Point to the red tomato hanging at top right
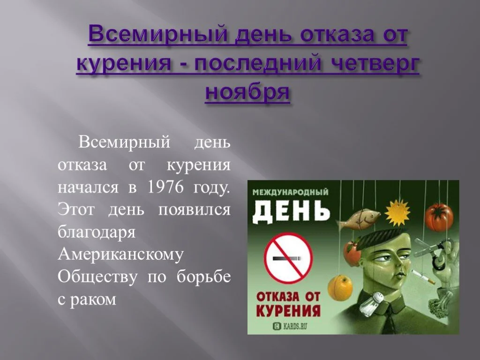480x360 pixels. coord(439,217)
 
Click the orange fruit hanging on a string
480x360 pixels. coord(340,287)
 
